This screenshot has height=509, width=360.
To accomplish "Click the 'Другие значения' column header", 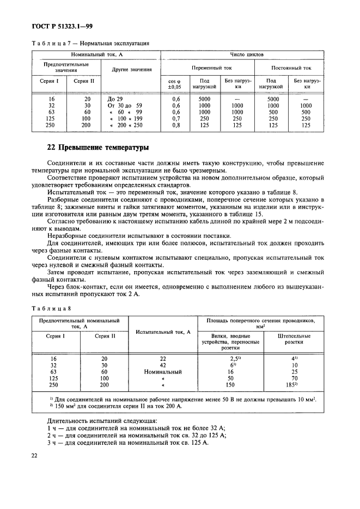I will (131, 70).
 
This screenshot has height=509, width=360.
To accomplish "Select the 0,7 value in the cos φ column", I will (176, 118).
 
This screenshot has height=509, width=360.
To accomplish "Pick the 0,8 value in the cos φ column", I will (176, 125).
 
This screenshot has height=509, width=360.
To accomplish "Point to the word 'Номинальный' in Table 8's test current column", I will (162, 372).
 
